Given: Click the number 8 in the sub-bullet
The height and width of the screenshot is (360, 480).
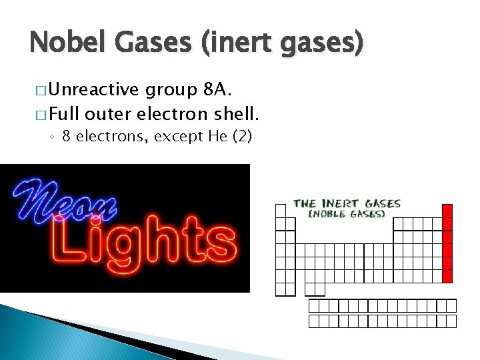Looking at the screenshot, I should [x=67, y=137].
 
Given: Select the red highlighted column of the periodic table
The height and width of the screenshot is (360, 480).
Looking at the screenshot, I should [x=447, y=243].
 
